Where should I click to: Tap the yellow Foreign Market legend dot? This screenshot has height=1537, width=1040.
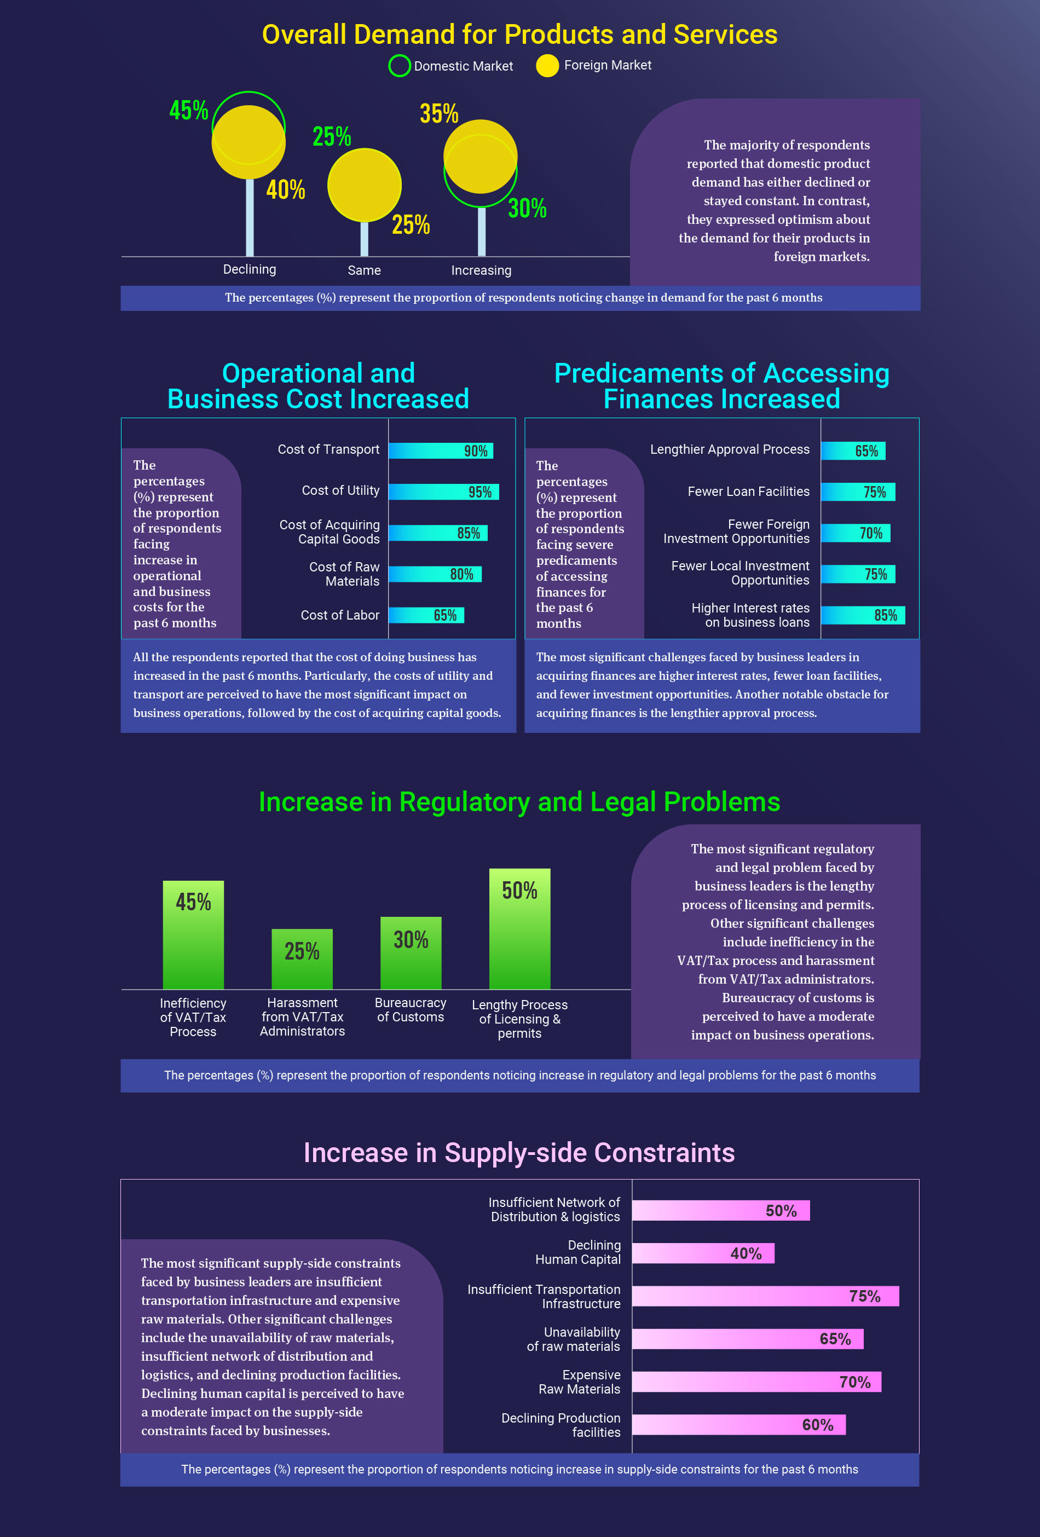coord(547,66)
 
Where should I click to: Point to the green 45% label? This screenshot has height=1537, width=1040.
coord(188,110)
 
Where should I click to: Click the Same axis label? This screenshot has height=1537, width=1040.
coord(365,270)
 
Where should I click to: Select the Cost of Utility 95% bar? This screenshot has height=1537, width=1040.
coord(443,492)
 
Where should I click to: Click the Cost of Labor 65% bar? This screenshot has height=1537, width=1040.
coord(426,615)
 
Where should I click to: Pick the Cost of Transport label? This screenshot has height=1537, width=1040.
coord(328,449)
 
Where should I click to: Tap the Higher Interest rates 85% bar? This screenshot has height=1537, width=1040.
coord(862,615)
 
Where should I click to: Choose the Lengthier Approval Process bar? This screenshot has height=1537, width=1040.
coord(852,450)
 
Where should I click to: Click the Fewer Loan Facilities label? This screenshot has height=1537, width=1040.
coord(748,492)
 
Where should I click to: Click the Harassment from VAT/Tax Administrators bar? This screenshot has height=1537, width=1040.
coord(302,959)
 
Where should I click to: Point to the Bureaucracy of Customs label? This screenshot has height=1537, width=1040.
coord(410,1010)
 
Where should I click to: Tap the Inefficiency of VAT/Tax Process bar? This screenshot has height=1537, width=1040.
coord(193,934)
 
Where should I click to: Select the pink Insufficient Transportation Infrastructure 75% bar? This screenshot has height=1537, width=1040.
coord(765,1296)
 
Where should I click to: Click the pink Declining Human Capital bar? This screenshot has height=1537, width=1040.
coord(702,1253)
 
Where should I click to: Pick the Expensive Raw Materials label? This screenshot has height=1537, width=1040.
coord(579,1382)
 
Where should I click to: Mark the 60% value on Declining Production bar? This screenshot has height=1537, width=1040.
coord(817,1425)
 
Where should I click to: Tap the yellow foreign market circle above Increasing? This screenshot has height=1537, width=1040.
coord(480,156)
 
